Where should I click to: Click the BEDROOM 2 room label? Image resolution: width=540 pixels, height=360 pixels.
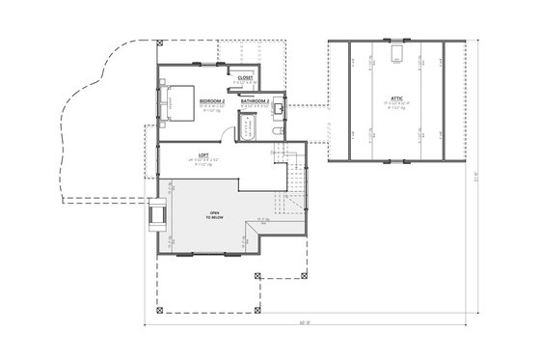tap(212, 100)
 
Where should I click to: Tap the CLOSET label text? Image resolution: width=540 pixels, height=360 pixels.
tap(246, 77)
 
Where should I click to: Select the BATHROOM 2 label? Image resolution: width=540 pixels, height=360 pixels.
tap(255, 100)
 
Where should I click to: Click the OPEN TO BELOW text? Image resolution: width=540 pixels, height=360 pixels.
tap(212, 216)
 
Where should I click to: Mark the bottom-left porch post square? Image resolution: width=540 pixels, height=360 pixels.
tap(160, 312)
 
